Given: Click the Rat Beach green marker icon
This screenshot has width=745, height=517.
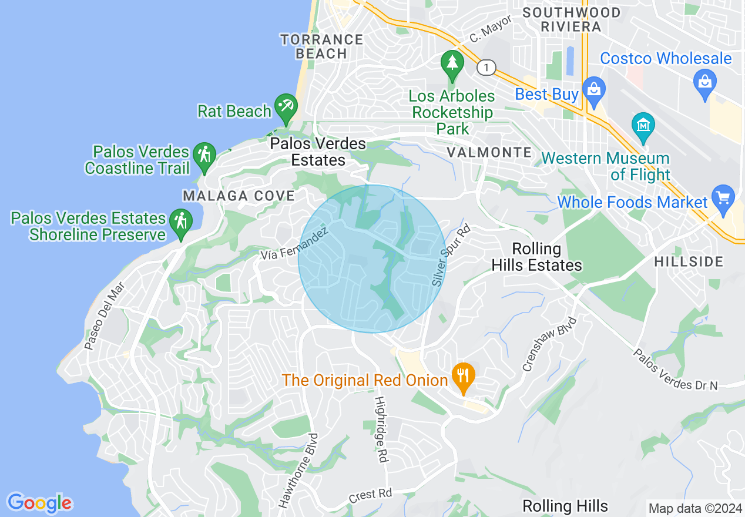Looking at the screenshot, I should pos(286,108).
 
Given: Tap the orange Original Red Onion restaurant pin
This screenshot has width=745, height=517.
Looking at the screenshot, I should pos(464,377).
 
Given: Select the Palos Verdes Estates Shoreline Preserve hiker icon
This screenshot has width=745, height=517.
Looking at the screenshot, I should pos(180,223).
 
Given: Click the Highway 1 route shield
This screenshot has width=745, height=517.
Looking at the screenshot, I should pos(485,68).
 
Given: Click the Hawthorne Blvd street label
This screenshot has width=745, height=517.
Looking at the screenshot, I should pos(298,471).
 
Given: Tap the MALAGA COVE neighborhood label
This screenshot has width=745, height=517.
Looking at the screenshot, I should pos(239,196).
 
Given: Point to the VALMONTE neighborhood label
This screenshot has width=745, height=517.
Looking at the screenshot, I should pos(489,153).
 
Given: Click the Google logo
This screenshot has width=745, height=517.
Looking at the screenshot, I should pos(40,503).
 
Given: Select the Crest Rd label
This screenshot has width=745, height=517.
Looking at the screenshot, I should pos(370,495).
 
